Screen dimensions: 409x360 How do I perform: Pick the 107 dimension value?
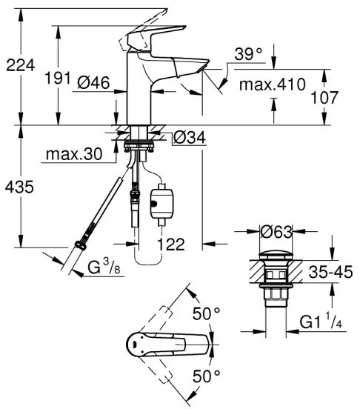pos(342,97)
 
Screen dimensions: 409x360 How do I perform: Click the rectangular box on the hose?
pos(161,200)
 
